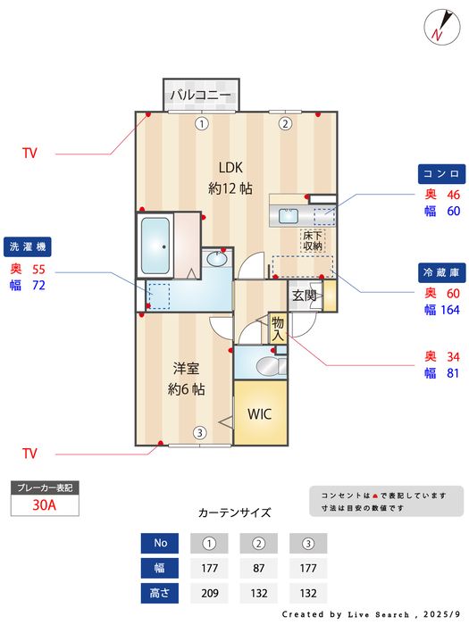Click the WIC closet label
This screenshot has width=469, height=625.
point(259,414)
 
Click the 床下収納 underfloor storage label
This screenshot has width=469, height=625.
point(312,240)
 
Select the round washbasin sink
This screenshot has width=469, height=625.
point(216,260)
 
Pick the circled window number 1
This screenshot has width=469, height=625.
point(202,124)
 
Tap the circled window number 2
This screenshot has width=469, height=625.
point(285,124)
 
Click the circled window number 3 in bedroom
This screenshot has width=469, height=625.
point(199,433)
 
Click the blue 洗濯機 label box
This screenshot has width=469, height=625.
point(29,246)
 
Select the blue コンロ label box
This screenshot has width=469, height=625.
point(440,172)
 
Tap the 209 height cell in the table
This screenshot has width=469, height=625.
point(209,593)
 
